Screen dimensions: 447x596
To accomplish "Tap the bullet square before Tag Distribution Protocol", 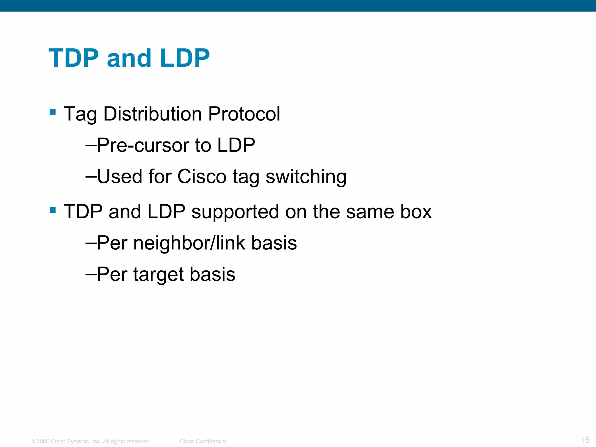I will [x=53, y=112].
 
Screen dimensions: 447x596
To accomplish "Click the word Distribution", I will [x=152, y=114].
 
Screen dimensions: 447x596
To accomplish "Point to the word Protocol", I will [x=244, y=114].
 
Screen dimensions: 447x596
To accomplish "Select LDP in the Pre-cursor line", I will [x=236, y=145].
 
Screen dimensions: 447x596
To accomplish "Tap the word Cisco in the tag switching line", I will [x=202, y=177].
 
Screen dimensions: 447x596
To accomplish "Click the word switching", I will [x=306, y=177].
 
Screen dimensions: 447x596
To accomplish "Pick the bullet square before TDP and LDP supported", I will [x=53, y=210].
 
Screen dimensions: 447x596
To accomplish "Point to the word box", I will [x=416, y=212].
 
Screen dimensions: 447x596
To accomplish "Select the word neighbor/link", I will [x=189, y=243].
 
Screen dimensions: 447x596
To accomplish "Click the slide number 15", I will [x=585, y=440].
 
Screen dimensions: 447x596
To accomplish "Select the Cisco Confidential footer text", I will [x=203, y=441].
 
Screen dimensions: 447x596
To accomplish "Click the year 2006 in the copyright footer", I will [x=43, y=441].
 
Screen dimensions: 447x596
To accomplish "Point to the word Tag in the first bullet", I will [x=80, y=114].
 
